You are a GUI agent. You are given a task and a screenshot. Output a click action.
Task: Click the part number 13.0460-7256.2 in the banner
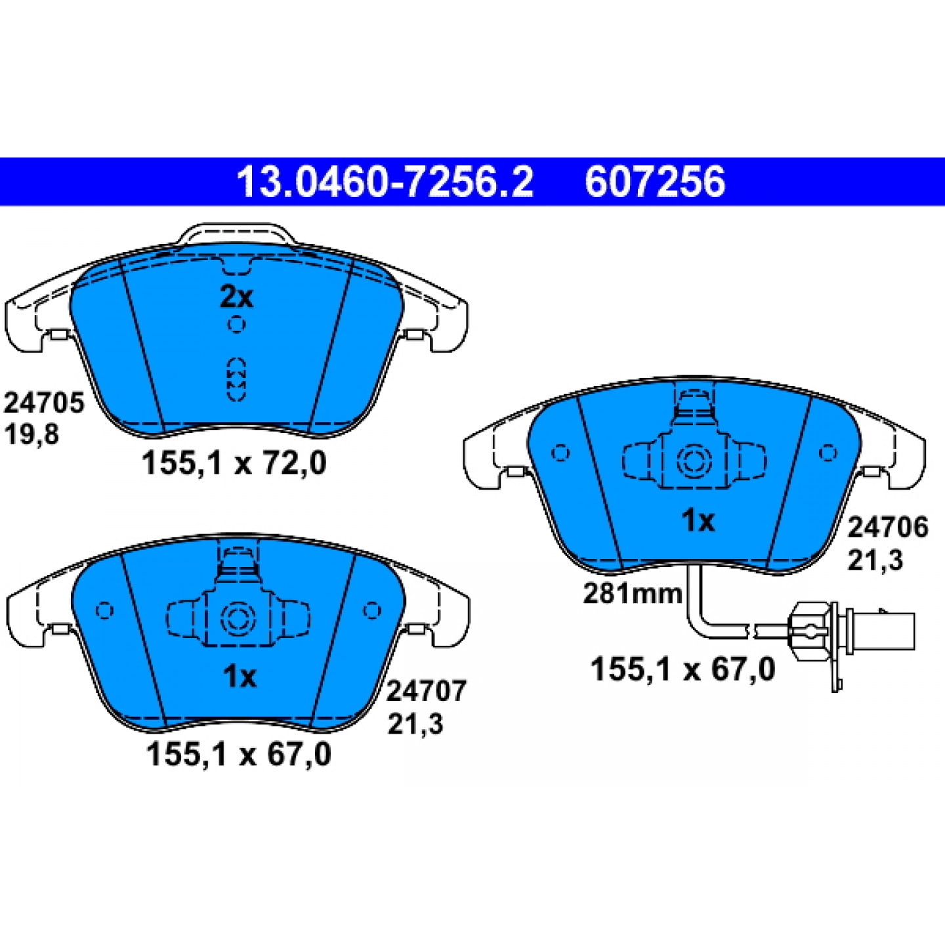click(x=385, y=181)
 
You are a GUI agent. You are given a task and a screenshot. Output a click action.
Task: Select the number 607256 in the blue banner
click(x=655, y=181)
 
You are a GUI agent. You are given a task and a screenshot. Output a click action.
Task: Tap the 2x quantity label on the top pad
click(x=236, y=297)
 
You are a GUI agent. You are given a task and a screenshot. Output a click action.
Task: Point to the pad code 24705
click(x=44, y=403)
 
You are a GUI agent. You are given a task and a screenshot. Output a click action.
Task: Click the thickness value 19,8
click(x=31, y=434)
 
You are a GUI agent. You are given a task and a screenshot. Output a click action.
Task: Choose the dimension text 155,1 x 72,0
click(x=234, y=463)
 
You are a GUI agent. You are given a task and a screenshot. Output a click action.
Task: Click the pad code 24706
click(x=888, y=528)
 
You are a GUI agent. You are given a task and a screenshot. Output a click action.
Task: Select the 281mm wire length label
click(x=632, y=595)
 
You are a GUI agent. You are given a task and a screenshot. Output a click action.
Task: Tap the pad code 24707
click(x=426, y=692)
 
